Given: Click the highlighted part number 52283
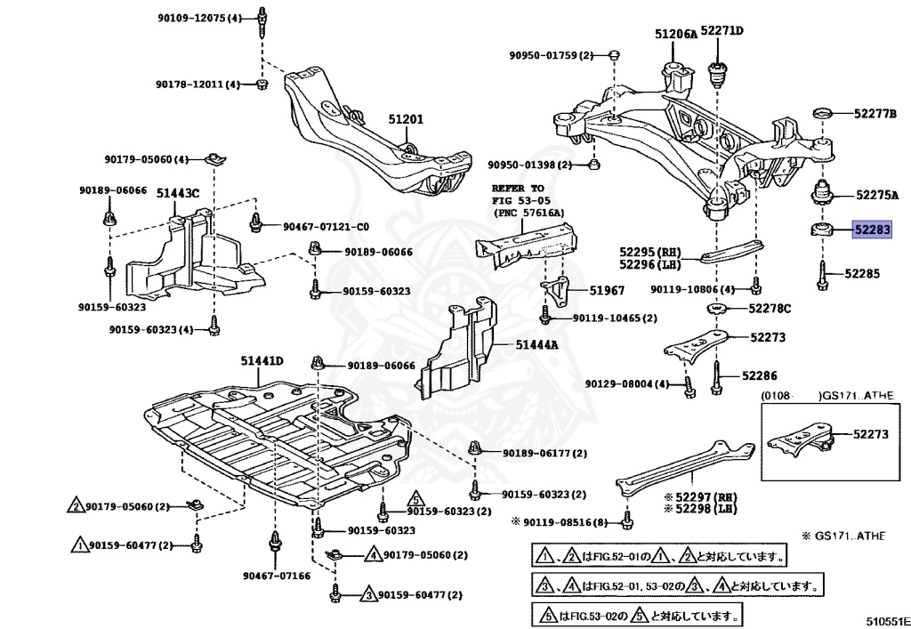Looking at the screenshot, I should coord(872,230).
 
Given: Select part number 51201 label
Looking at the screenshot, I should coord(406,118).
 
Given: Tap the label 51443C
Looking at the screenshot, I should coord(178,192).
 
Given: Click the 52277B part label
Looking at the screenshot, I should coord(875,114).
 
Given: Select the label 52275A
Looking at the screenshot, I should coord(877,194).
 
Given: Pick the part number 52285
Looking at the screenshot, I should coord(862,274).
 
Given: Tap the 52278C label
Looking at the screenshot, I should coord(770,308).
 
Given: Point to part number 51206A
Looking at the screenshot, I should coord(676,34).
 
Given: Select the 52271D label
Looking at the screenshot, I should coord(722,30).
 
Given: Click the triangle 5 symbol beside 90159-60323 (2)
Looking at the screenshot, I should coord(415,499).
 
